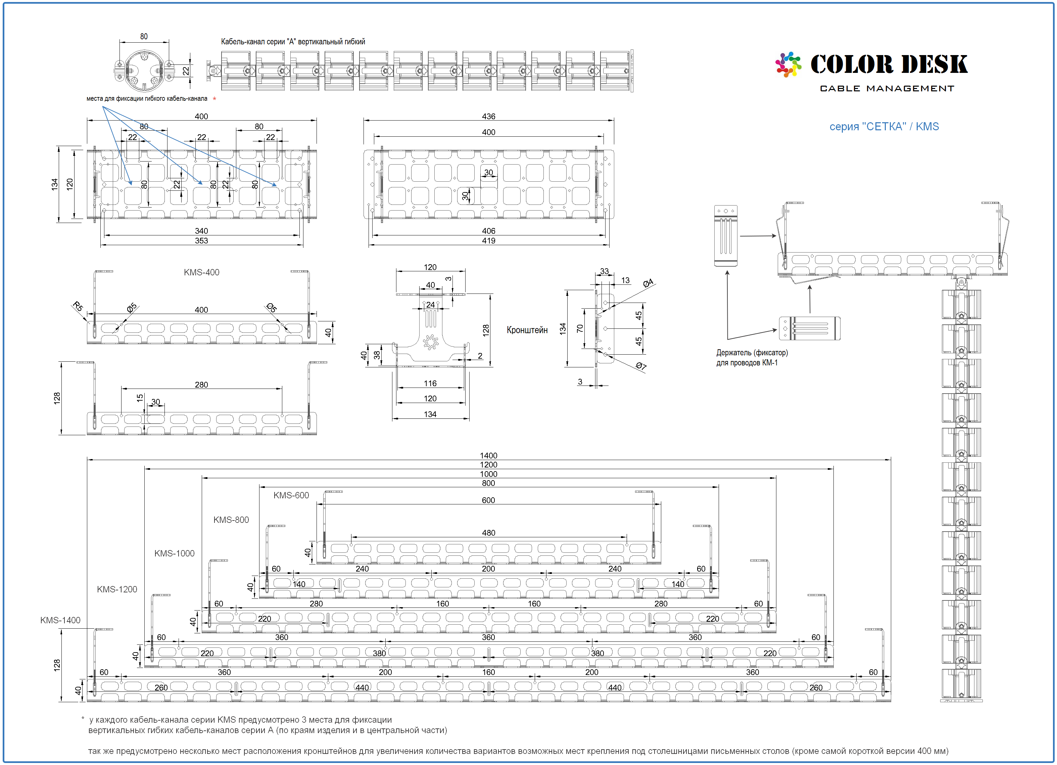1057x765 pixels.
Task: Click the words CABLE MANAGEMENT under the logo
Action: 887,89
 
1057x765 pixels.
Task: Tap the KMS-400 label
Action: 201,272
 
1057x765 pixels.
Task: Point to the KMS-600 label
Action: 291,495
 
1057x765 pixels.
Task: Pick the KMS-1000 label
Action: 174,553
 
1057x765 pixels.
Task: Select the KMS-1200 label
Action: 117,589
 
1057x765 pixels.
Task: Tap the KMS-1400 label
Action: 60,620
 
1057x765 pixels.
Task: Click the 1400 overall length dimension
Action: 488,455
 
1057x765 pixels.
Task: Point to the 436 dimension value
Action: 488,116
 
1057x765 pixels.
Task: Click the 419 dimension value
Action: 488,240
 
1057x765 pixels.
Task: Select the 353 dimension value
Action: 201,240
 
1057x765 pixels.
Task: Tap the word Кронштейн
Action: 527,330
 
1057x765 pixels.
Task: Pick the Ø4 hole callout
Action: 648,283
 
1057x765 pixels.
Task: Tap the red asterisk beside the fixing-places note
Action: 214,99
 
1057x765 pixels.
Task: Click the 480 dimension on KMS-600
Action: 488,533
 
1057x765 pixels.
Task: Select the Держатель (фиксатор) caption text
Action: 752,353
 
